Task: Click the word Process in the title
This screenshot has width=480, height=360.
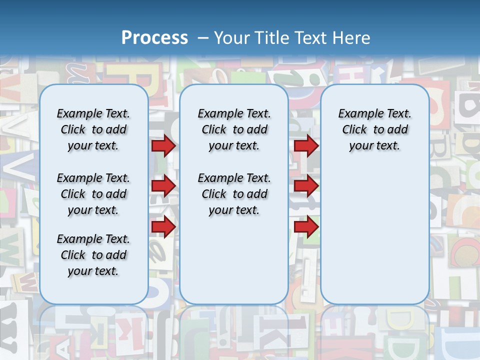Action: (x=154, y=37)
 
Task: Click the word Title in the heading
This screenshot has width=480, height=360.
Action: (x=270, y=37)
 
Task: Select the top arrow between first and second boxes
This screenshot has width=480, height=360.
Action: (x=163, y=145)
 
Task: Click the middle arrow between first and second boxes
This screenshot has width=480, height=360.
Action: (x=163, y=186)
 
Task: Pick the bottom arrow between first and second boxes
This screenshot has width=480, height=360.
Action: (x=163, y=226)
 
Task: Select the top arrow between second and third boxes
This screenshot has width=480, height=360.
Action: (x=306, y=145)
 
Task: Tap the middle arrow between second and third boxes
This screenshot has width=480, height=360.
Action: (x=306, y=186)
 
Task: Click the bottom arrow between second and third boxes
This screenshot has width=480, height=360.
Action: (x=306, y=226)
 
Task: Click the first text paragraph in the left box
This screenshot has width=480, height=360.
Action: (x=93, y=129)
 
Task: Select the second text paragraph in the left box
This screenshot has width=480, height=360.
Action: (x=93, y=194)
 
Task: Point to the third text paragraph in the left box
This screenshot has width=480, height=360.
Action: (x=93, y=255)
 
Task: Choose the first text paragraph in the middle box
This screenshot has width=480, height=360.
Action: (x=234, y=129)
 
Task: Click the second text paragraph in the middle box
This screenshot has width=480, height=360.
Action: (x=234, y=194)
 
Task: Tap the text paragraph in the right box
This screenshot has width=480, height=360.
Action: (x=374, y=129)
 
